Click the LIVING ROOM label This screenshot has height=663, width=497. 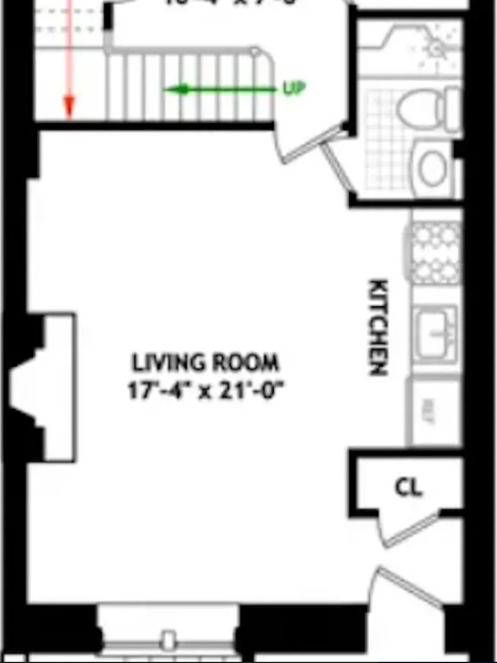[x=205, y=363]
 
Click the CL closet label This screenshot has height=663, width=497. [x=409, y=487]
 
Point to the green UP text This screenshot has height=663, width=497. [x=294, y=88]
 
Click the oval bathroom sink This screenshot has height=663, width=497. [x=433, y=168]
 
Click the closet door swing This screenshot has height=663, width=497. [x=410, y=530]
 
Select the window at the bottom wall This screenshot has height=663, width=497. [x=169, y=635]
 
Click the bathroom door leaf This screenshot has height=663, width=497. [x=339, y=166]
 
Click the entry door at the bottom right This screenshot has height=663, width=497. [x=407, y=586]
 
